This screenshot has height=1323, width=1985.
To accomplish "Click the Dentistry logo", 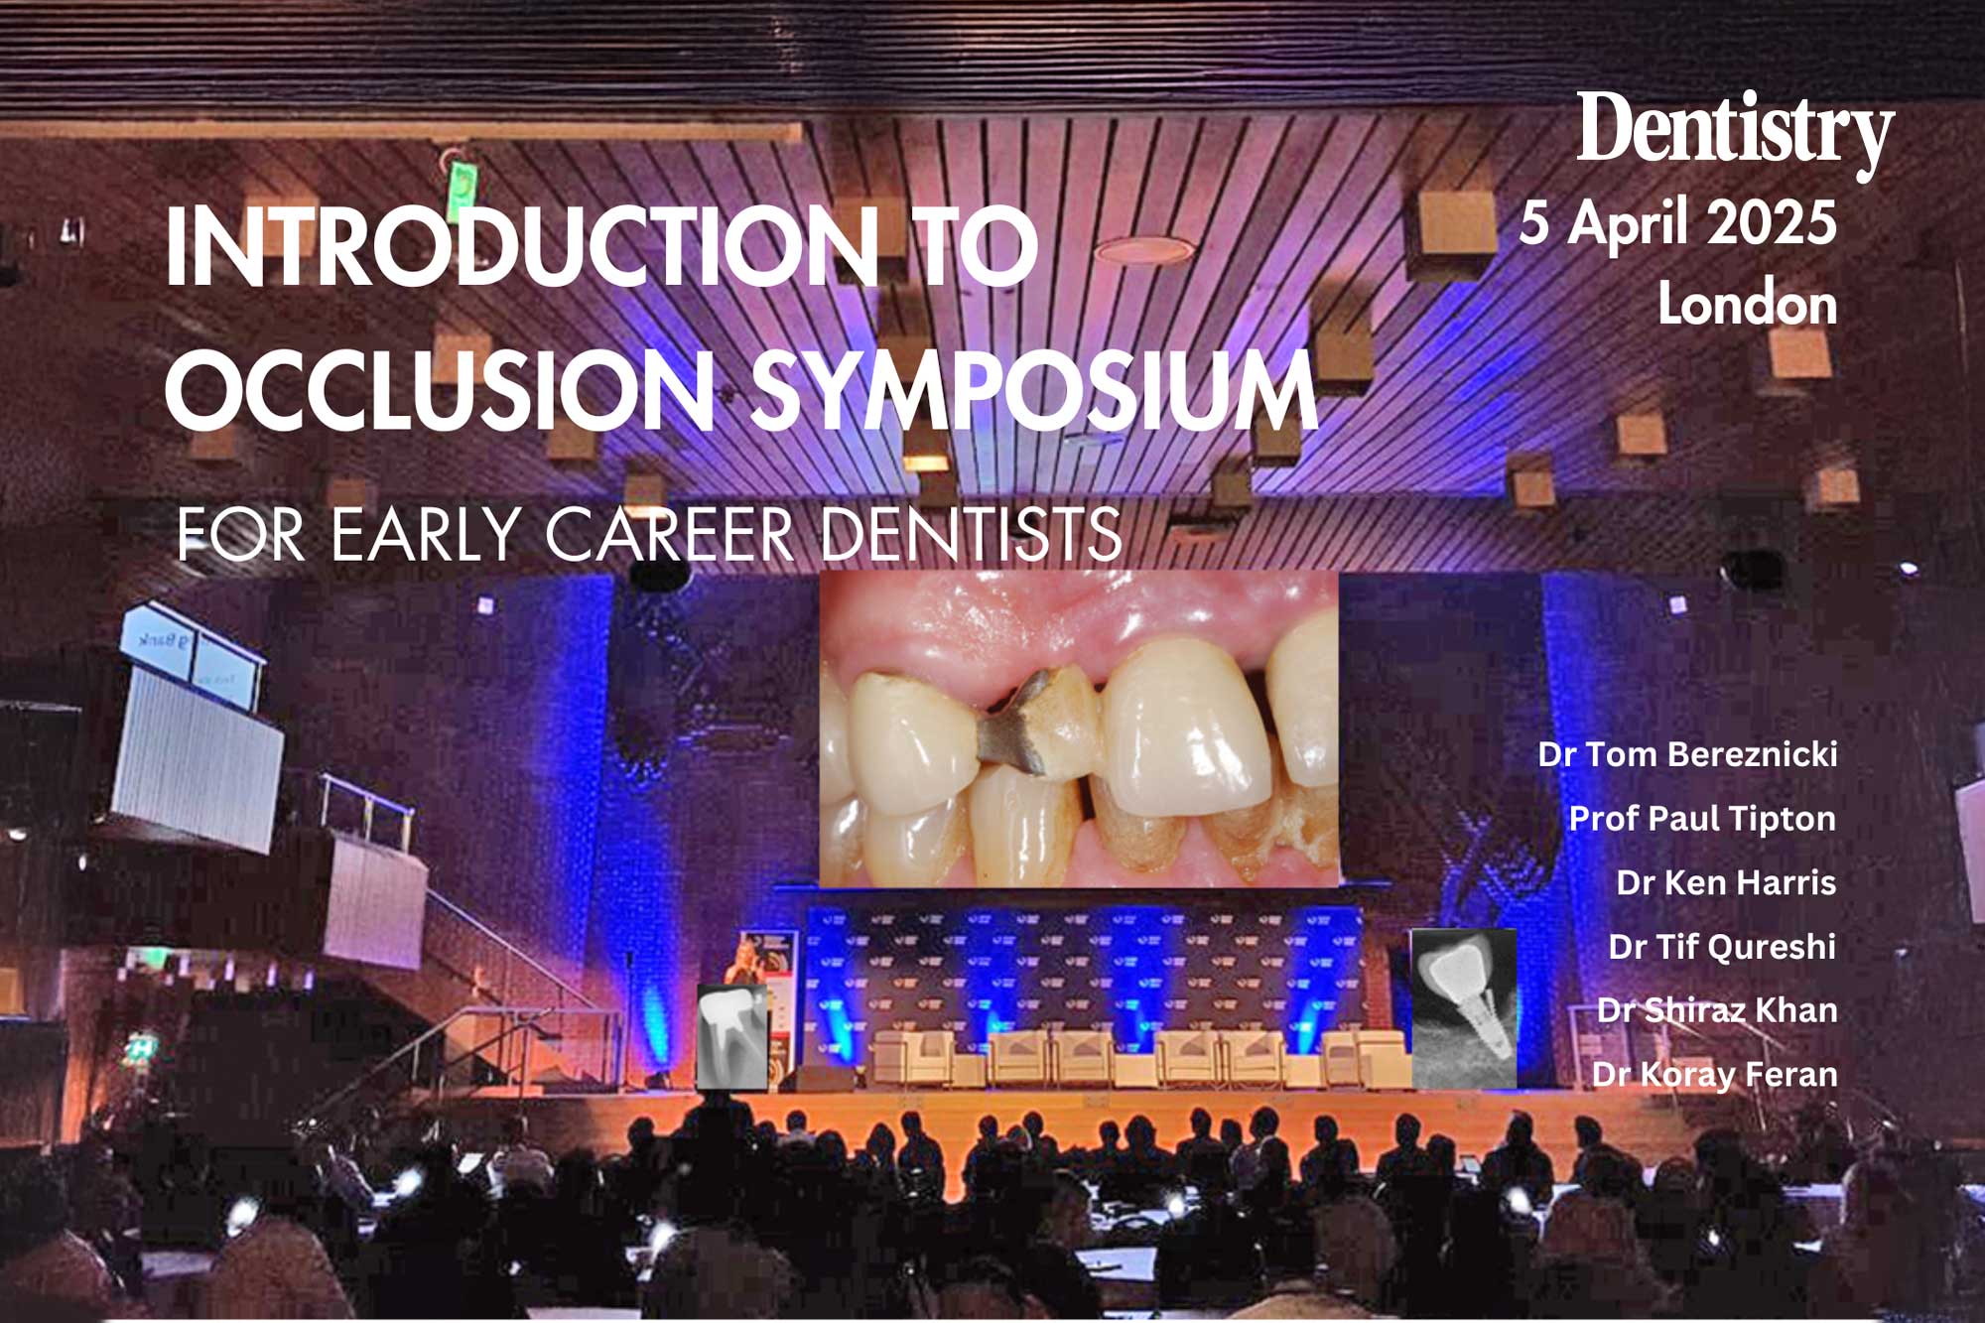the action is (1736, 134).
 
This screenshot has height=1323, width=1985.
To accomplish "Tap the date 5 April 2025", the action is (1678, 222).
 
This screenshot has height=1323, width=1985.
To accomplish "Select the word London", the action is (1748, 304).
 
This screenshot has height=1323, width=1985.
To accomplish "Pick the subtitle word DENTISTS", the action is (971, 534).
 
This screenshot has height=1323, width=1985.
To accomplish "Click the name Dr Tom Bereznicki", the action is (1687, 754).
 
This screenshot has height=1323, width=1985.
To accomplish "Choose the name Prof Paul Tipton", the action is (1702, 819).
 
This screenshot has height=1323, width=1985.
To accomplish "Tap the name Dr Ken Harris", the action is (1726, 882).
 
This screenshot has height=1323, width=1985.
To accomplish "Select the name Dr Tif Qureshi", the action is (1722, 947).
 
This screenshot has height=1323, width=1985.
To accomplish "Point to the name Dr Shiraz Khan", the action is (1717, 1010).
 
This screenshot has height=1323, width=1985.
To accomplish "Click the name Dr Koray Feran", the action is (1714, 1074).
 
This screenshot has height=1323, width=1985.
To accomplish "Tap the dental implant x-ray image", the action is (1464, 1007).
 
